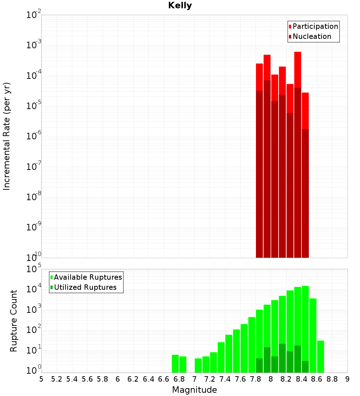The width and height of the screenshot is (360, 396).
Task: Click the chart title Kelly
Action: point(180,6)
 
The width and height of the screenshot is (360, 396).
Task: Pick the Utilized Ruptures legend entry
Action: point(85,287)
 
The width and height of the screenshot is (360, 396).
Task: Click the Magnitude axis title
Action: point(194,390)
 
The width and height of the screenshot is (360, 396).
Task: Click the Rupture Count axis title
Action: point(14,321)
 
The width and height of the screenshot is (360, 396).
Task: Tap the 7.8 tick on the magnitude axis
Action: point(256,379)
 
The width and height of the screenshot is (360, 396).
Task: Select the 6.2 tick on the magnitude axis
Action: point(133,379)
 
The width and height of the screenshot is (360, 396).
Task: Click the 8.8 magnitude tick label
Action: point(332,379)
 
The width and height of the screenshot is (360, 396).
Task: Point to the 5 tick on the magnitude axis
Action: point(41,379)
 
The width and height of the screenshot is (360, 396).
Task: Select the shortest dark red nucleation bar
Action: point(305,191)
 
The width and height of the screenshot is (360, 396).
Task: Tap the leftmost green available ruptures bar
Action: point(175,364)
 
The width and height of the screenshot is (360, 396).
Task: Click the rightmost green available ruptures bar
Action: point(320,356)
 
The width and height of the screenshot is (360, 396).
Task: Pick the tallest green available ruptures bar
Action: point(305,324)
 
